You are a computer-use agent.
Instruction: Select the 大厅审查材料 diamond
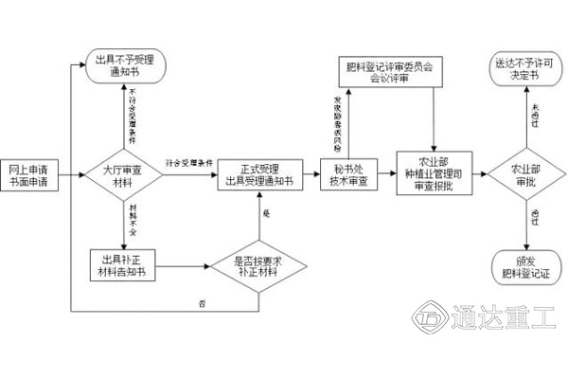point(125,175)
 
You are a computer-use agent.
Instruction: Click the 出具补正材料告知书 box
point(124,264)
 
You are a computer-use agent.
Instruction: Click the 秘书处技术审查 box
point(348,175)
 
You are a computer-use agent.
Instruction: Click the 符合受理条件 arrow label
point(187,163)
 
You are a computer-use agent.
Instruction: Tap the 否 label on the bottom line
point(201,302)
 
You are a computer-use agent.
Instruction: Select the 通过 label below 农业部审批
point(535,219)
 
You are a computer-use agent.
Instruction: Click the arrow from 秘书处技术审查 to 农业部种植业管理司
point(382,176)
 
